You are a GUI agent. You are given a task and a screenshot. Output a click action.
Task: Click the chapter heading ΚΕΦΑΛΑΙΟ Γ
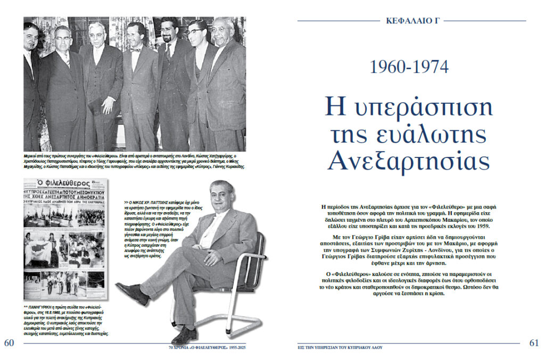tap(411, 21)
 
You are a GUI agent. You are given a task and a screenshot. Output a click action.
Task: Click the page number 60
tap(9, 343)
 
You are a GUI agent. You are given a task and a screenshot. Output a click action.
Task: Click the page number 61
tap(534, 343)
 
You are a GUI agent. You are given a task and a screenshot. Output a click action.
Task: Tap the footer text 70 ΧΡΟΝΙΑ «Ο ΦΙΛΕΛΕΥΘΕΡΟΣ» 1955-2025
tap(208, 347)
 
